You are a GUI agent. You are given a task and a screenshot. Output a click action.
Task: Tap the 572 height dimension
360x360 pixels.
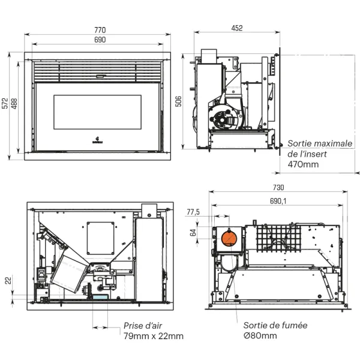pos(5,106)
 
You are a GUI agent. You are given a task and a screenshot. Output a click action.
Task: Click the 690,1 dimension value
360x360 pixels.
pos(278,201)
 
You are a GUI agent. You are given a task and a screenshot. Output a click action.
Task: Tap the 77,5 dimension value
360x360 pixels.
pos(193,212)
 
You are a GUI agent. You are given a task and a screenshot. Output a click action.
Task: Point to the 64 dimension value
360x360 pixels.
pos(193,233)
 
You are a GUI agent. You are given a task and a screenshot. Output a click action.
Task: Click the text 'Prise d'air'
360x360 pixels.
pos(143,326)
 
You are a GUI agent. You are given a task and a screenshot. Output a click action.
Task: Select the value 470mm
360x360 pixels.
pos(304,164)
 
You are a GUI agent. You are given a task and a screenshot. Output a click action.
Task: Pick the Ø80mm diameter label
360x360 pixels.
pos(260,335)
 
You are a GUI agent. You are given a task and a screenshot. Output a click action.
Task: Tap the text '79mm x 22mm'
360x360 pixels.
pos(154,336)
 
